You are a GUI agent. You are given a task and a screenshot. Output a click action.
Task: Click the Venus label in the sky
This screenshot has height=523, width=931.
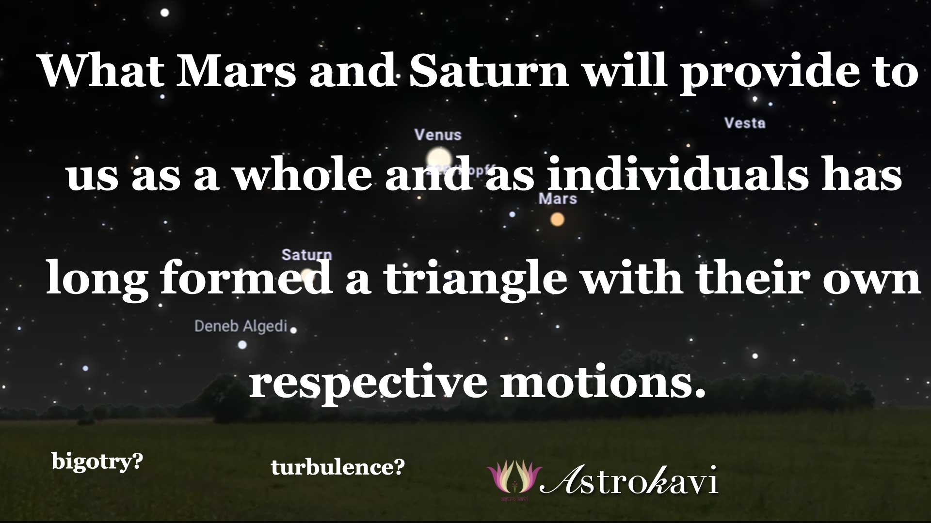pos(438,135)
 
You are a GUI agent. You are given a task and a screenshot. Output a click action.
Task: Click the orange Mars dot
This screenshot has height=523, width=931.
pos(558,219)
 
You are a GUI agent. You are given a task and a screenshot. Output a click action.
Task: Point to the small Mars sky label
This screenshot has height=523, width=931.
pos(558,199)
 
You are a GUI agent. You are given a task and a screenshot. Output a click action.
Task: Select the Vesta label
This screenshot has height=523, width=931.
pos(745,123)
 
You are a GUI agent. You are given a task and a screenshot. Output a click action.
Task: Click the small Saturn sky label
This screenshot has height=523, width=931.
pos(306,254)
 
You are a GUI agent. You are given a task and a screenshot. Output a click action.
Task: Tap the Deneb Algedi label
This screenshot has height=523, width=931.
pos(241,326)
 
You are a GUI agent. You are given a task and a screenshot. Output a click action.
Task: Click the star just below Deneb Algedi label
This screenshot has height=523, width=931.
pos(242,345)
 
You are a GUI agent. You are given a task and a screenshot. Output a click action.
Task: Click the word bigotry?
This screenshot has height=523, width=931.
pos(97,461)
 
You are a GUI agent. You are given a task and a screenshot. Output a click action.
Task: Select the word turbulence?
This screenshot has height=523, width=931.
pos(337,467)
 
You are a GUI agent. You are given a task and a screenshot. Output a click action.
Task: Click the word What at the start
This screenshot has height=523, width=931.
pos(102,71)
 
